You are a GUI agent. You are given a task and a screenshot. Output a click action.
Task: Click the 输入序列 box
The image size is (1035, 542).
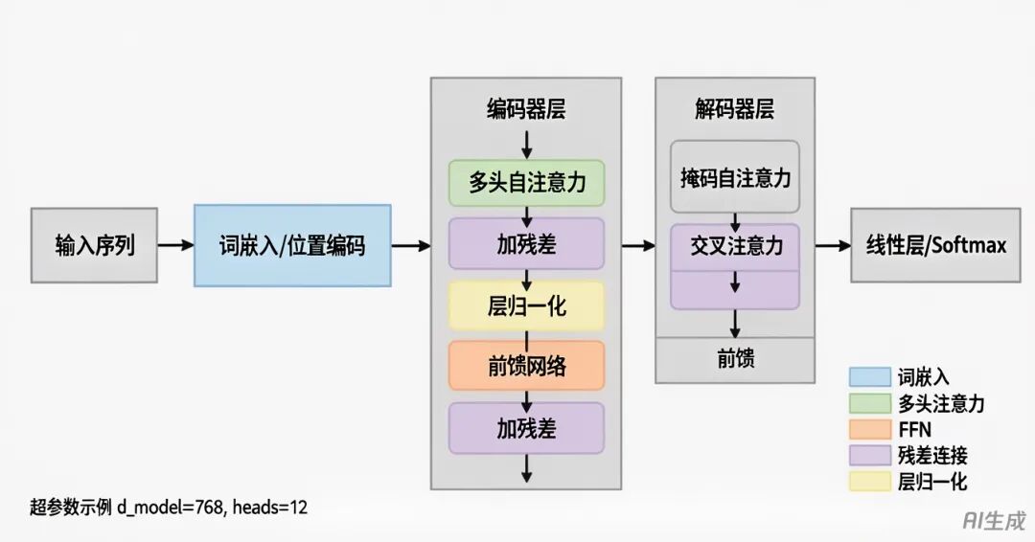(94, 245)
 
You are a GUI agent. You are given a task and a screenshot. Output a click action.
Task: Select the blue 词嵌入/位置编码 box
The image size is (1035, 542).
(292, 245)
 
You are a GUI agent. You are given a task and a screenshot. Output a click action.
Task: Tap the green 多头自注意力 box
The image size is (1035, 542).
(526, 182)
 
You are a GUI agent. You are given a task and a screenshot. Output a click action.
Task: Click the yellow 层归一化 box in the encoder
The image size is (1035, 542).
(526, 306)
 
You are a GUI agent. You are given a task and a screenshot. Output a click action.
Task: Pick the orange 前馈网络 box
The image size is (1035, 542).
(526, 366)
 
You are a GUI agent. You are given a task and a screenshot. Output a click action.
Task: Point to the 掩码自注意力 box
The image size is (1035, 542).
(735, 177)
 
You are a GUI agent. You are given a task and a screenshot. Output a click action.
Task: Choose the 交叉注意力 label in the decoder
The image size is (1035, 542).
(735, 246)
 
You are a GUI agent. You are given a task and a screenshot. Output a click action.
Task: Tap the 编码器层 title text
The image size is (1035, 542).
(526, 109)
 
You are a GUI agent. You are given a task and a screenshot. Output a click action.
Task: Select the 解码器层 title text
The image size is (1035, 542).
(735, 109)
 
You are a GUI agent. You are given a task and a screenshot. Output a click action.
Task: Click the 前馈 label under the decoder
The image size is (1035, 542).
(735, 359)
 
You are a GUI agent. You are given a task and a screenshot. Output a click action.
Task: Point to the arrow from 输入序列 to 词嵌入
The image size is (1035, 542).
(175, 245)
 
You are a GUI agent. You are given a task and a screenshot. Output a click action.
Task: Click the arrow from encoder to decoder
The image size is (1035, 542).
(638, 246)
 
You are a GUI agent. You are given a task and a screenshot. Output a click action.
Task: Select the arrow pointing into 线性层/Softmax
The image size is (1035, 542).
(833, 246)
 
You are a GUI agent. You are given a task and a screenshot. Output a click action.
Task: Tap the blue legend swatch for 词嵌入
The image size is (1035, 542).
(868, 377)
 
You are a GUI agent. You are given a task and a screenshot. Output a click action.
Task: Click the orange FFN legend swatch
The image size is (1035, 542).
(868, 430)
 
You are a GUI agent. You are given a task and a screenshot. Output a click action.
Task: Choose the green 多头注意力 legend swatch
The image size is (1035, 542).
(868, 404)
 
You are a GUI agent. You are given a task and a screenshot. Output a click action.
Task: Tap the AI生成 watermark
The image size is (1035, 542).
(994, 519)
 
